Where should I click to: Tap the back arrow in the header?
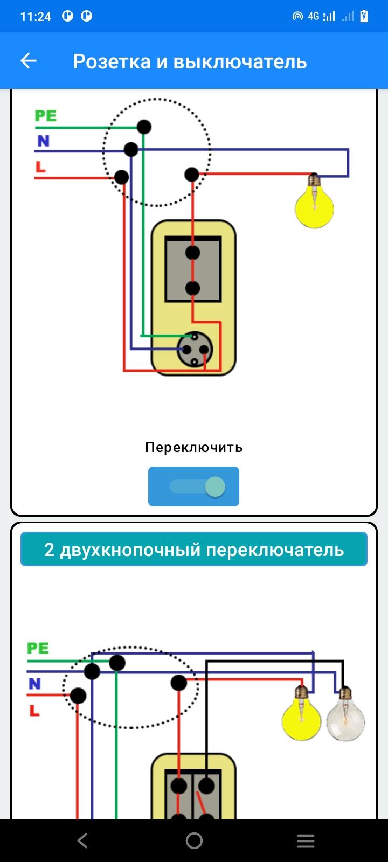[x=28, y=61]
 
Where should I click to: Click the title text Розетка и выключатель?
[x=190, y=61]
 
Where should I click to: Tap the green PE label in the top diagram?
[x=45, y=115]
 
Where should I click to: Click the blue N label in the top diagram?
[x=44, y=141]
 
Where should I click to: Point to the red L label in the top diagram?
[x=40, y=166]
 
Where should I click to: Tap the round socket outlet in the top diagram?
[x=195, y=350]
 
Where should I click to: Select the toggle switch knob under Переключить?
[x=215, y=486]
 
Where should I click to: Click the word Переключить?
[x=194, y=448]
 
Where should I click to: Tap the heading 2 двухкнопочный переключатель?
[x=194, y=550]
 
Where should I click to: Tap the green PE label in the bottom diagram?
[x=38, y=648]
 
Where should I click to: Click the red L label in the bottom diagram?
[x=34, y=711]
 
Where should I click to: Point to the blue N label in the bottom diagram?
[x=34, y=684]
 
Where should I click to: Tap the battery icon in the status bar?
[x=364, y=16]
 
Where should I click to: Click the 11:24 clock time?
[x=36, y=17]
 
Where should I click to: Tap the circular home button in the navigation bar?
[x=194, y=841]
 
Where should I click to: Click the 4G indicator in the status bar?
[x=313, y=16]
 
